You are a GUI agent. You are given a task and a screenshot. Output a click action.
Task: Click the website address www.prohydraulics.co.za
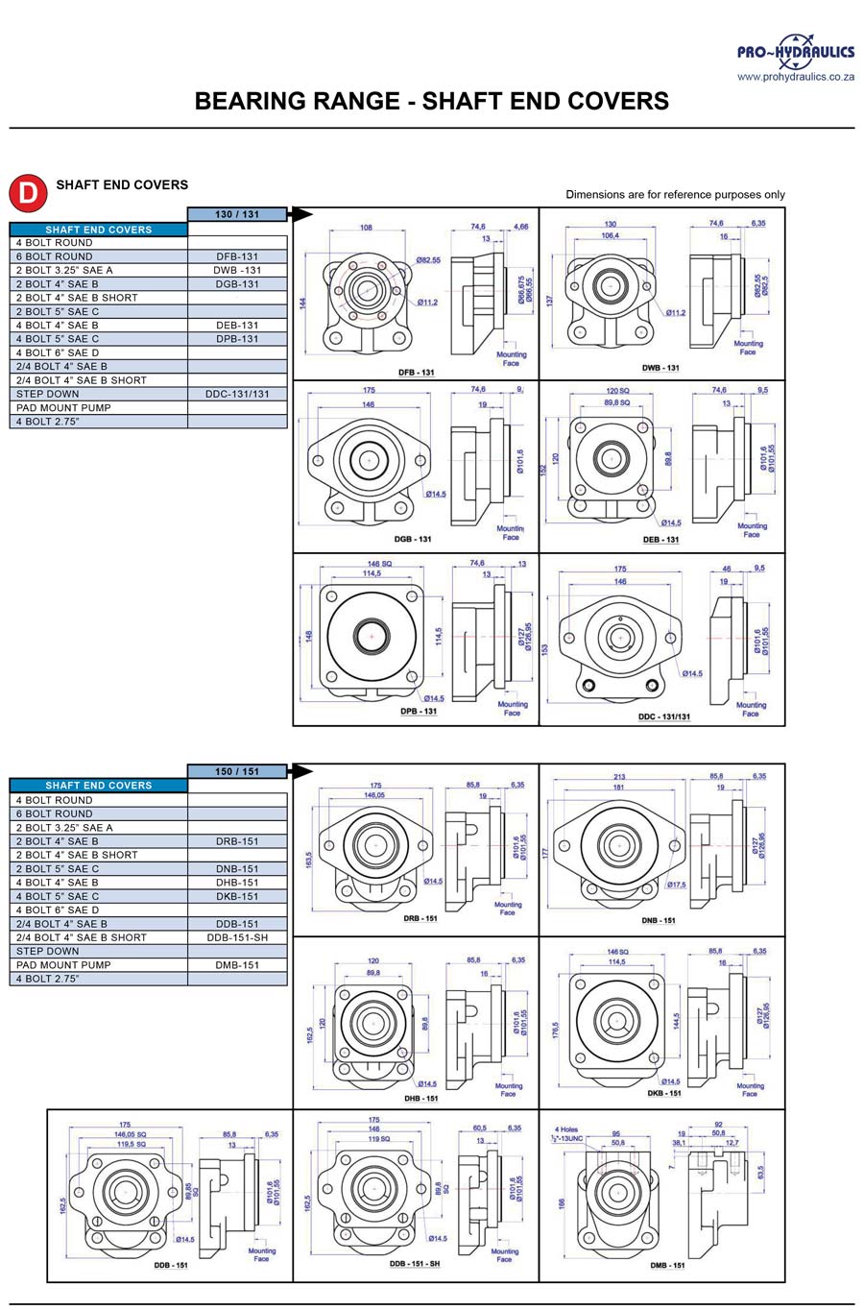tap(795, 77)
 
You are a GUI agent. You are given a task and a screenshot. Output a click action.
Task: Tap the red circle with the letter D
tap(28, 192)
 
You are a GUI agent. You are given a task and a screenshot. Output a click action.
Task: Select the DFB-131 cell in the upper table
tap(237, 256)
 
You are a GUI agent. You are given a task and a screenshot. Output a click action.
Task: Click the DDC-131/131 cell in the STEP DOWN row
tap(237, 394)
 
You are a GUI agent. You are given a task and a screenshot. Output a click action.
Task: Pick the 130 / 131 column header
tap(237, 214)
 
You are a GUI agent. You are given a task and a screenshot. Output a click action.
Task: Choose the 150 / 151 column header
tap(237, 771)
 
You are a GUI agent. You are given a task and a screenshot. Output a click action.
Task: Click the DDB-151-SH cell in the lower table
tap(237, 937)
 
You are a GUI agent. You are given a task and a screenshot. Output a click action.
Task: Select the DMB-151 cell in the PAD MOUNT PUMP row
tap(237, 965)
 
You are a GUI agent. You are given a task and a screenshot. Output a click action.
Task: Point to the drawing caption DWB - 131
tap(660, 368)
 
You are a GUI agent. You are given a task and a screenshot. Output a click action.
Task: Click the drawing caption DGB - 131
tap(413, 539)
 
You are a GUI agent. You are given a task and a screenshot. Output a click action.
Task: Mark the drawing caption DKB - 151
tap(664, 1093)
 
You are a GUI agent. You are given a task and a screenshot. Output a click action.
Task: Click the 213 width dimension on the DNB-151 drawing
tap(619, 777)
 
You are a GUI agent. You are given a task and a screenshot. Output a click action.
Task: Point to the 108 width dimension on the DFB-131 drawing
tap(366, 228)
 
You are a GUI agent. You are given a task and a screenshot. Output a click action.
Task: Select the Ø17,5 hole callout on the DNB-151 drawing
tap(676, 885)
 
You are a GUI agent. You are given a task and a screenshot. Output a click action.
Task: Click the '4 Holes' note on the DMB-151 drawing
tap(566, 1129)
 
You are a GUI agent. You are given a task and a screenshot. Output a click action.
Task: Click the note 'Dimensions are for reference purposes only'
tap(675, 194)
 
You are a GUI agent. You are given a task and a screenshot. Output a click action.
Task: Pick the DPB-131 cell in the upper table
tap(237, 339)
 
